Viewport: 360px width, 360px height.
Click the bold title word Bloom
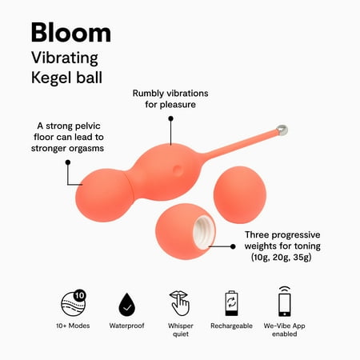tap(71, 33)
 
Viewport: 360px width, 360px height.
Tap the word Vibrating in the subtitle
tap(65, 58)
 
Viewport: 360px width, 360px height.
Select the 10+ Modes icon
tap(73, 303)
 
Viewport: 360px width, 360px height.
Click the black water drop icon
tap(127, 306)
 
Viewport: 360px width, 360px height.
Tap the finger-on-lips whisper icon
tap(180, 303)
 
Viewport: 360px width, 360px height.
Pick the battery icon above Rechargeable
tap(231, 303)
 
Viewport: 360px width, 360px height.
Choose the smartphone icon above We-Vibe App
tap(285, 302)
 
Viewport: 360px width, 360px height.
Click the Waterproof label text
tap(126, 326)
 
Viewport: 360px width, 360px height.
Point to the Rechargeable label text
tap(231, 326)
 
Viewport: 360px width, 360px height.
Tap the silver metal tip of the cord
tap(282, 130)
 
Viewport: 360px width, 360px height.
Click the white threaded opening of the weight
tap(204, 232)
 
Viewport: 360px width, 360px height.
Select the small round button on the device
tap(178, 170)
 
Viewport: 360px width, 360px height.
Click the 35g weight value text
tap(302, 258)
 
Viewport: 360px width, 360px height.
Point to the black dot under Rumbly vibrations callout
tap(171, 118)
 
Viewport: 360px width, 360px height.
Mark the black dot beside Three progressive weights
tap(233, 246)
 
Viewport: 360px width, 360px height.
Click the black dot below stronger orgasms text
tap(68, 162)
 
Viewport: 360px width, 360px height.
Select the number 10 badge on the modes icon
tap(79, 295)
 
